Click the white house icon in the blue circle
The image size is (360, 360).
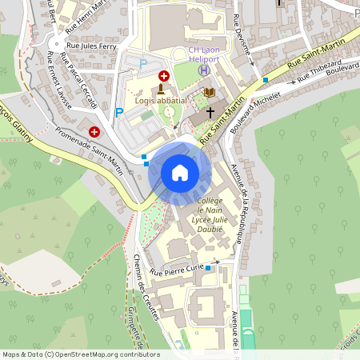click(180, 172)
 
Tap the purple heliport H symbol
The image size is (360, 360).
click(204, 70)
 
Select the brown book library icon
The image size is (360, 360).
click(210, 93)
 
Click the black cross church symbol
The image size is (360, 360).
click(211, 112)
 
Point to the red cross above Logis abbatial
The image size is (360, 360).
click(164, 75)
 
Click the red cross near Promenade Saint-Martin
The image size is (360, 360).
click(94, 130)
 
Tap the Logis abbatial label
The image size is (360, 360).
click(161, 101)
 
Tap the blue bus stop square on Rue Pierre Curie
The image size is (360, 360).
click(208, 267)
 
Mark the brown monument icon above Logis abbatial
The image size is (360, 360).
click(163, 89)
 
